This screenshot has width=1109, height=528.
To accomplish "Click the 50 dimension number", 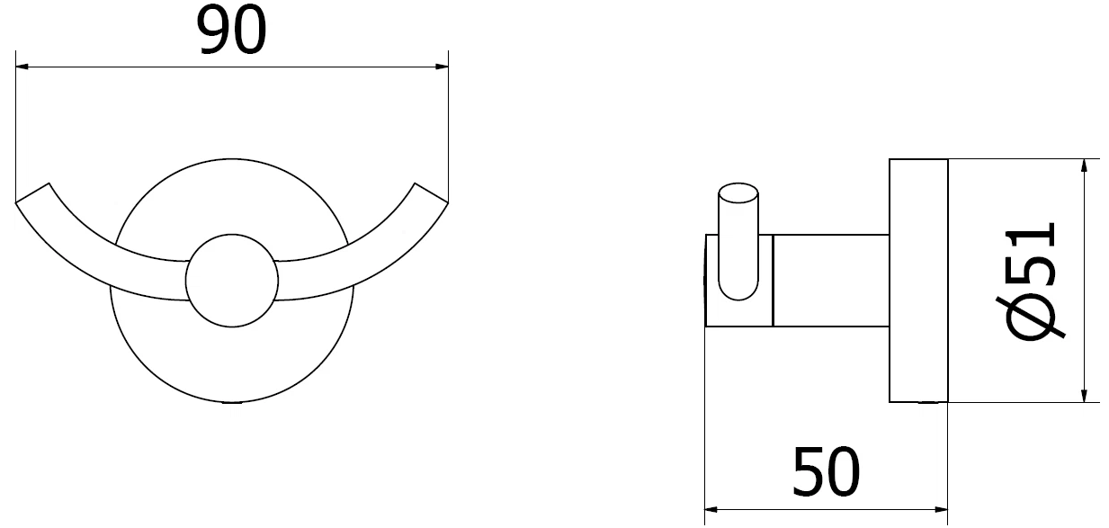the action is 826,472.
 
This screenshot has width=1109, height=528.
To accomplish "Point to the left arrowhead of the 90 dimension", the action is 22,67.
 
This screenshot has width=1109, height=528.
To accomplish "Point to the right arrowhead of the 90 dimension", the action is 443,67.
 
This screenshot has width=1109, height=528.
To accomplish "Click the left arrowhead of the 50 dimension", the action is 711,509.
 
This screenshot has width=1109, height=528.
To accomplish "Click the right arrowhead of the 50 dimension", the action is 941,509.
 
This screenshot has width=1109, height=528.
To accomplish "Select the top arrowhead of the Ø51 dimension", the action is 1084,166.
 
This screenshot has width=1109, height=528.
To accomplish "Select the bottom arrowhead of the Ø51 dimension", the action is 1084,395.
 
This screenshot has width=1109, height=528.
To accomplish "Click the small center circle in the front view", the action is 232,281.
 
